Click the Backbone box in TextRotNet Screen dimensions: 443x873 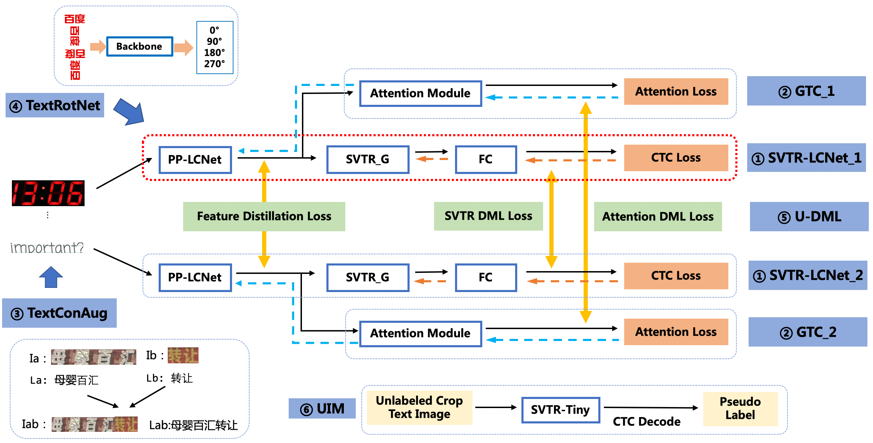coord(139,46)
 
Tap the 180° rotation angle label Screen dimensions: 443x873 coord(214,53)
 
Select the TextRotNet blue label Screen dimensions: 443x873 coord(55,105)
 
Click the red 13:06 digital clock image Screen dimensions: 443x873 coord(48,193)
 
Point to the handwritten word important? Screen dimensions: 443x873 coord(47,248)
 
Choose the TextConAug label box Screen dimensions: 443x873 coord(59,313)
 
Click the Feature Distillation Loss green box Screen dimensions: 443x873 coord(264,216)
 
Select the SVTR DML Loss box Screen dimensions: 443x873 coord(488,216)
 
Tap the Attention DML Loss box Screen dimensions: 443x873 coord(657,217)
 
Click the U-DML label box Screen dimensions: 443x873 coord(809,217)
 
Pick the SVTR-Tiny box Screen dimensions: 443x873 coord(560,409)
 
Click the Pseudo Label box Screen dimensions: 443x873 coord(740,408)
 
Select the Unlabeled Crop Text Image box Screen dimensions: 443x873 coord(419,407)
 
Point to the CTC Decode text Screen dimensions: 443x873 coord(647,422)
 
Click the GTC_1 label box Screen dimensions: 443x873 coord(806,91)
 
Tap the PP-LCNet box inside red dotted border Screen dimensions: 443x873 coord(195,160)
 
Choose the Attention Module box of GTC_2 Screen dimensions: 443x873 coord(420,333)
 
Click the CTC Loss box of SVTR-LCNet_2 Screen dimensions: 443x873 coord(676,276)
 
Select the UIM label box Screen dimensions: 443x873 coord(322,408)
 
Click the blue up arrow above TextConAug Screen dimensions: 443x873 coord(51,277)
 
